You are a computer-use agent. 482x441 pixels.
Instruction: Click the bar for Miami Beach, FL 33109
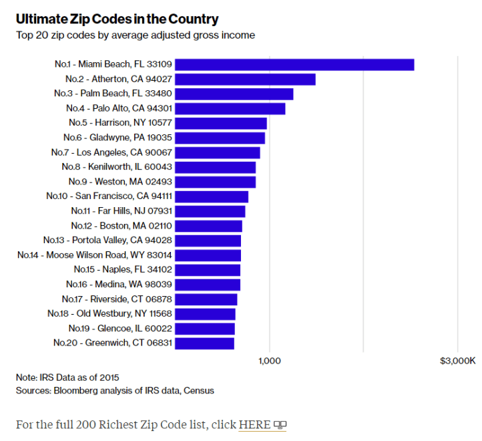click(294, 65)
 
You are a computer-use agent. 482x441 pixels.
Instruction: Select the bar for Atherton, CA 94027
click(245, 80)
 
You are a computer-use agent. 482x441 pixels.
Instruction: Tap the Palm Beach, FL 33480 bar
click(234, 94)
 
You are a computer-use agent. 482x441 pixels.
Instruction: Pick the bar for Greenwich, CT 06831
click(204, 343)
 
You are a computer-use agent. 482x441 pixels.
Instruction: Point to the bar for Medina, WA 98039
click(208, 285)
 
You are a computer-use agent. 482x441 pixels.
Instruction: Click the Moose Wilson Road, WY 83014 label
click(95, 255)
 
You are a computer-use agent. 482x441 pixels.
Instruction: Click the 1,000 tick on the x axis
click(268, 361)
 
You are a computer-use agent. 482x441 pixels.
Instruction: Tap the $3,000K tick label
click(457, 361)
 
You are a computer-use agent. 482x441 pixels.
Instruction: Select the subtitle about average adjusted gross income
click(136, 35)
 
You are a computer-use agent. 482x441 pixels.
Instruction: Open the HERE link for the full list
click(254, 425)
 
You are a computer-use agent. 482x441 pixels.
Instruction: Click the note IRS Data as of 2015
click(67, 378)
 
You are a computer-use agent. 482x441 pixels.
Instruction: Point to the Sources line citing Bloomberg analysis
click(115, 390)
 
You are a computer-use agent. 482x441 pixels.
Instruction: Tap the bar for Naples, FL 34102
click(208, 270)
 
